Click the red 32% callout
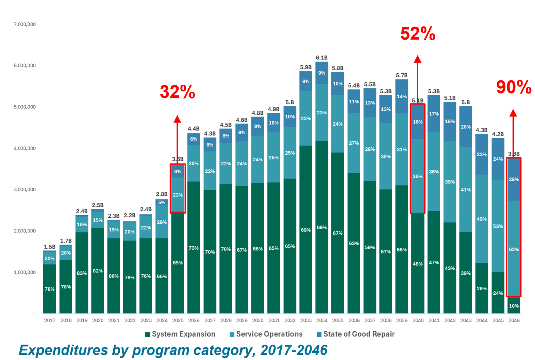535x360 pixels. click(178, 92)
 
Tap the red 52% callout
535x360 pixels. click(418, 34)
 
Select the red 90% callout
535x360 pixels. click(514, 87)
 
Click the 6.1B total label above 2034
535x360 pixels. click(322, 58)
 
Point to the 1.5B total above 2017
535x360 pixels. click(50, 247)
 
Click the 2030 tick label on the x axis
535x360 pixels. click(258, 320)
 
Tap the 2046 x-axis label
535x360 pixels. click(514, 320)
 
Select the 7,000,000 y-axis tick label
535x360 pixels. click(25, 25)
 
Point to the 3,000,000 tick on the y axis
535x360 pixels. click(25, 190)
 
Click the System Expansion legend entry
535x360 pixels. click(180, 334)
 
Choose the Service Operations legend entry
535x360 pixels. click(266, 334)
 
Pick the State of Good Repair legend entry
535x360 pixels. click(356, 334)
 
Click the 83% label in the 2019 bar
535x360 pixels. click(82, 273)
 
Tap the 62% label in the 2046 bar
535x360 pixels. click(514, 249)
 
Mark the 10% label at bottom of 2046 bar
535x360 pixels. click(514, 306)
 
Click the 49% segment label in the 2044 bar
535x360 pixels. click(482, 219)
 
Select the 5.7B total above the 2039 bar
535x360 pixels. click(402, 75)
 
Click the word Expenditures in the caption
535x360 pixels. click(63, 350)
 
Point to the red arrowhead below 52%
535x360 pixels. click(418, 59)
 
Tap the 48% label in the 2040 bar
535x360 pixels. click(418, 264)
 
